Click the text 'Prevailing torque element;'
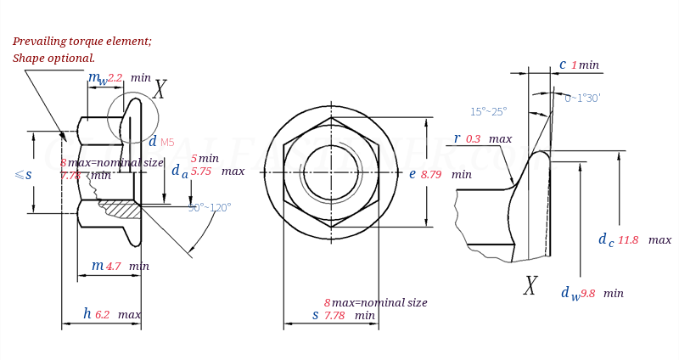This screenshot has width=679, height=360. pos(81,41)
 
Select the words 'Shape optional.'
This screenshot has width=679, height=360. pos(53,59)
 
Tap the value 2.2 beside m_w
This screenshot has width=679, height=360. pos(115,78)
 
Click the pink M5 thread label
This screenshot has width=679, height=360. pos(167,143)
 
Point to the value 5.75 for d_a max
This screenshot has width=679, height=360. pos(201,172)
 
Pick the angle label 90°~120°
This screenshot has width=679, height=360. pos(210,207)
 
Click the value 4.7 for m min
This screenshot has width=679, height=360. pos(113,267)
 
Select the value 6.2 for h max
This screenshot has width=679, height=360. pos(102,315)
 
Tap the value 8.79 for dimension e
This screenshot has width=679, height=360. pos(431,175)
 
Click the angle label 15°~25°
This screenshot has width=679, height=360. pos(488,111)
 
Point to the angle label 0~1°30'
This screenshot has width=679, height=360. pos(582,98)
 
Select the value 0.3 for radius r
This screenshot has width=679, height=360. pos(473,139)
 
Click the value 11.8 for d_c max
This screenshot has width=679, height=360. pos(628,240)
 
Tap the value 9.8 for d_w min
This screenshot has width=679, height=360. pos(588,294)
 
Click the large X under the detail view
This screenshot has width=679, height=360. pos(530,286)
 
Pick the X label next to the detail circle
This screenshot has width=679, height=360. pos(159,90)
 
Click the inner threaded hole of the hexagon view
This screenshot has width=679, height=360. pos(331,172)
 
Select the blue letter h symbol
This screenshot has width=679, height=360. pos(87,314)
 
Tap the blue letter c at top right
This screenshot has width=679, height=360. pos(562,65)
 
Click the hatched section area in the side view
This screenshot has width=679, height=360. pos(121,208)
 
